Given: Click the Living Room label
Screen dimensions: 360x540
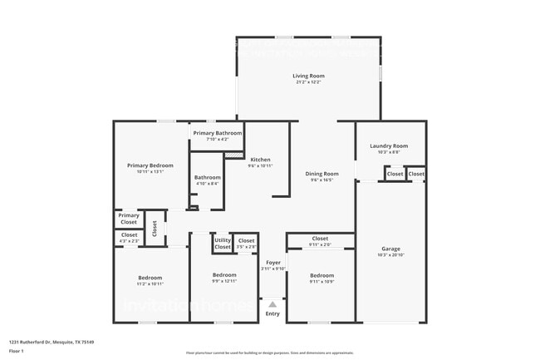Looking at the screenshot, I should (308, 76).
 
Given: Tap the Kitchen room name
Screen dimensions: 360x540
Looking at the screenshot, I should (260, 160).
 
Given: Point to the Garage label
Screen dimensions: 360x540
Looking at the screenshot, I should (390, 249).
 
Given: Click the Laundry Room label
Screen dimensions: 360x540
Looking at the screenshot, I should (389, 146).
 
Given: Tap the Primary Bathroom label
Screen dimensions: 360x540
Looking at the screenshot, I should (217, 133).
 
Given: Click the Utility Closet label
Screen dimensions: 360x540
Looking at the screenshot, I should (223, 244).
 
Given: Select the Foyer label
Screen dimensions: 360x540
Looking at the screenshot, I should (272, 262).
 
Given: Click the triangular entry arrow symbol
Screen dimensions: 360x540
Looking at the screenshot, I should (272, 304).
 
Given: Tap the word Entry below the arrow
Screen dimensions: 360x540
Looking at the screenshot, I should (272, 313).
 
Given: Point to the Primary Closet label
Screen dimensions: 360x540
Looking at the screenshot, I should (129, 219).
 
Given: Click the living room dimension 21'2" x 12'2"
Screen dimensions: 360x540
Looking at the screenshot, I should (308, 82).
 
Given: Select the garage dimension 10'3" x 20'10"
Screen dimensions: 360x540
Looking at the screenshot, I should (390, 255).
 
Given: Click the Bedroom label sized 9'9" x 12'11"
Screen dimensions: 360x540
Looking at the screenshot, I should (224, 274).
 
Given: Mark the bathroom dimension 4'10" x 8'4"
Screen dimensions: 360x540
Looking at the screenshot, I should (208, 184).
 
